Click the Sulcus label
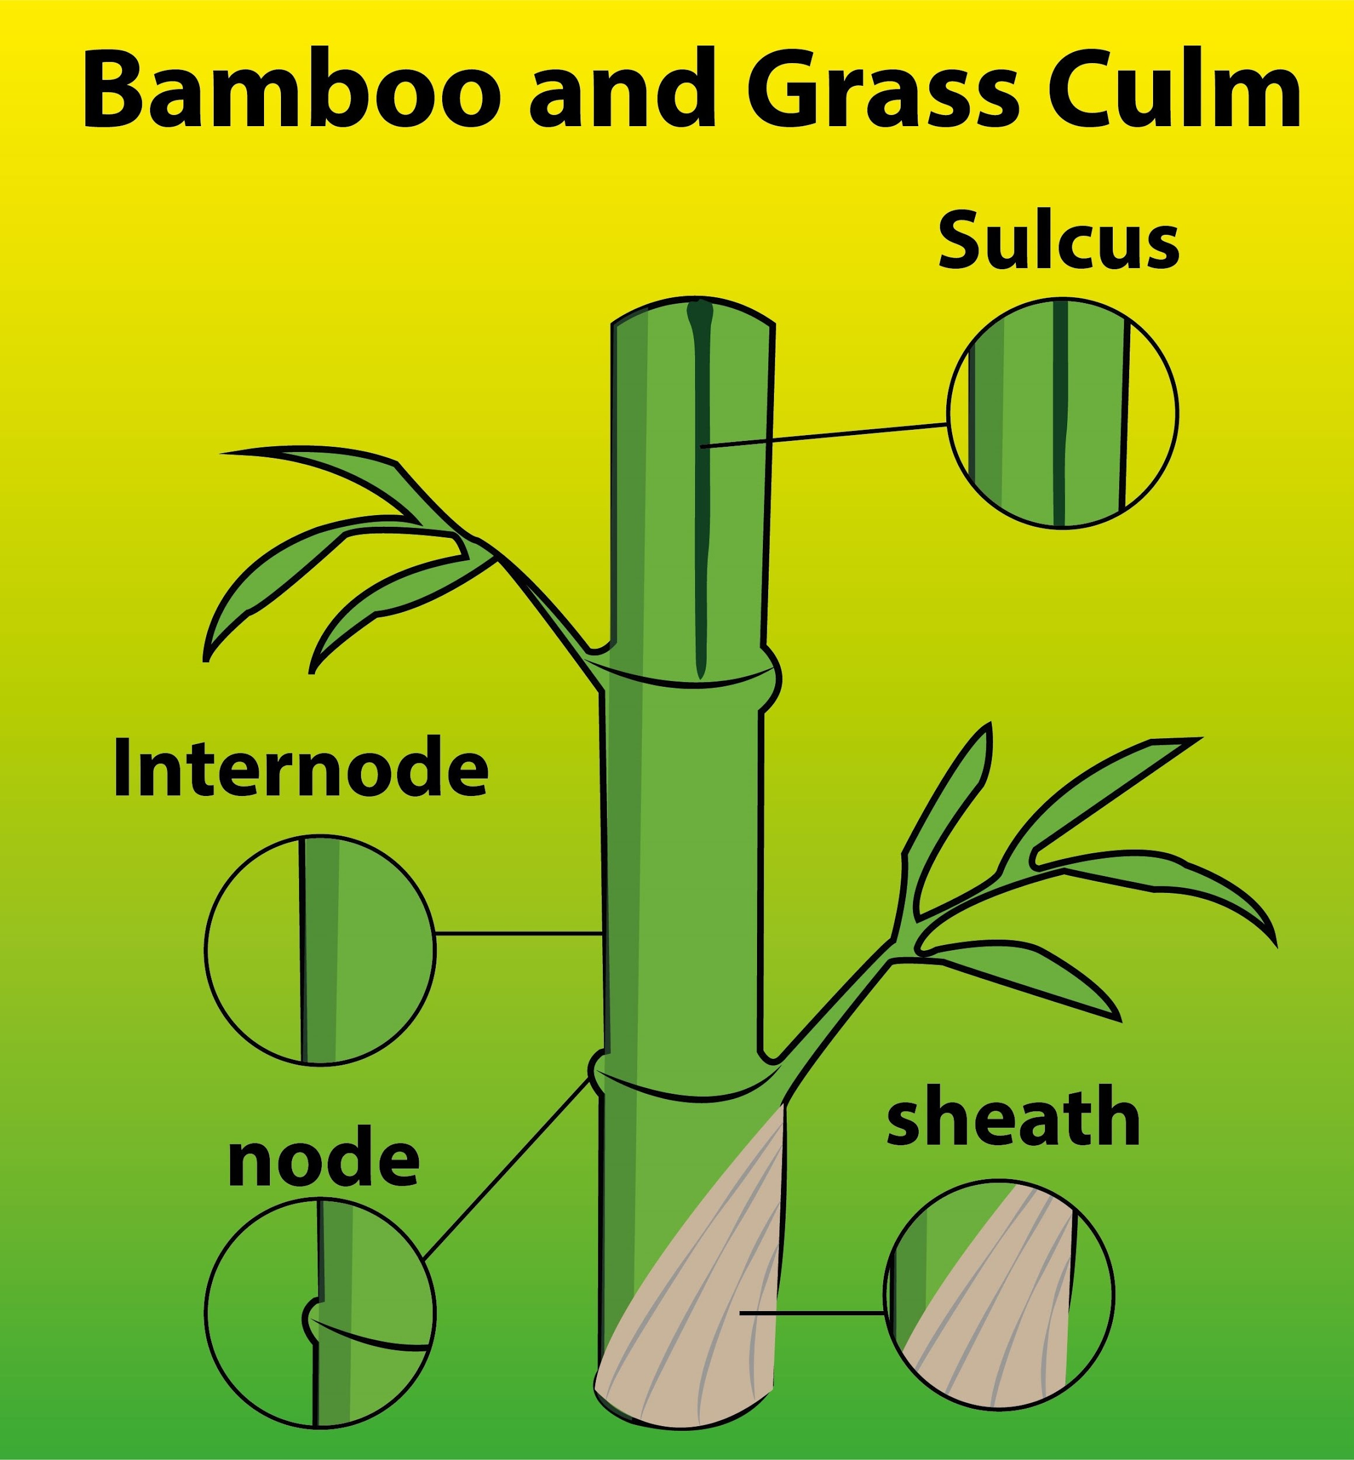[x=1059, y=240]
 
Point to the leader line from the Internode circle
[x=519, y=933]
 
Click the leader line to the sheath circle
[x=813, y=1313]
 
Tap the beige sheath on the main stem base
[x=703, y=1304]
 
